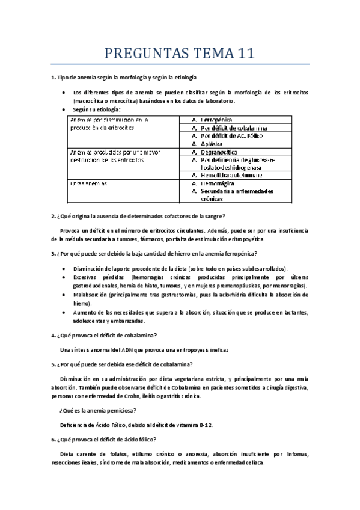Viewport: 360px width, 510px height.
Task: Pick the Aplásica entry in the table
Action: click(x=213, y=144)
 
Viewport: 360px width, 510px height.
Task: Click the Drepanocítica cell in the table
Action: click(x=219, y=152)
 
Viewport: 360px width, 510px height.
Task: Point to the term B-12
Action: click(x=202, y=425)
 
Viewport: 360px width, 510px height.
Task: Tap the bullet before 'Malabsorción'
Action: click(x=64, y=295)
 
